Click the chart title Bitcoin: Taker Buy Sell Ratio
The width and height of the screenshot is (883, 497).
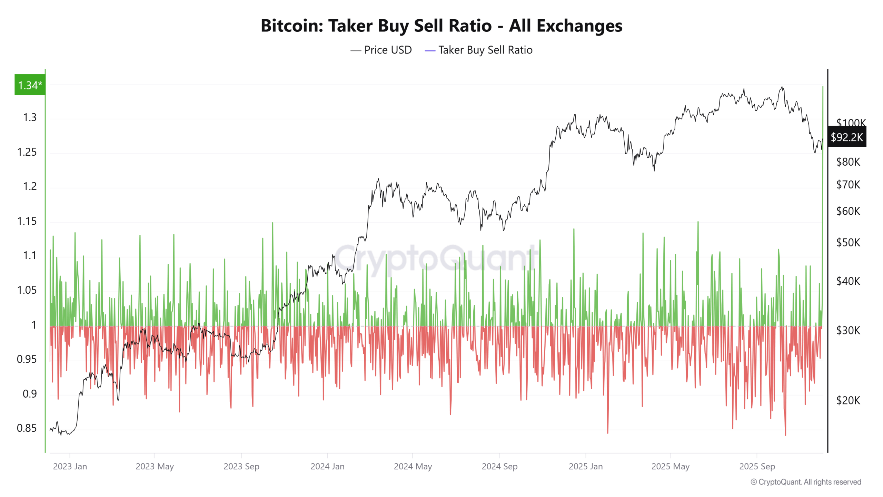click(x=441, y=26)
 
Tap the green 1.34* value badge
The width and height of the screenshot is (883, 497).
click(x=30, y=85)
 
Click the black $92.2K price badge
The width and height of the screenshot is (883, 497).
click(x=846, y=137)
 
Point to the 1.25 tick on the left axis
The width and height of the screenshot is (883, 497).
click(x=27, y=152)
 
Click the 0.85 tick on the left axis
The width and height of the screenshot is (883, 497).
click(x=27, y=428)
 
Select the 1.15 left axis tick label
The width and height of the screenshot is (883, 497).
click(x=27, y=221)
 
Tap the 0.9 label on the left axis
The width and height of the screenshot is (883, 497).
click(x=29, y=394)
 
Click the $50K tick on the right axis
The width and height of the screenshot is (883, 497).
click(x=848, y=243)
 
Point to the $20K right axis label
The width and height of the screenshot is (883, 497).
click(x=848, y=401)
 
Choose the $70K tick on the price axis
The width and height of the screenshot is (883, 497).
click(x=848, y=185)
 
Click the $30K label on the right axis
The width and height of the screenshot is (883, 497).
click(x=848, y=331)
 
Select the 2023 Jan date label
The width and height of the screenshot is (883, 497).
click(x=70, y=467)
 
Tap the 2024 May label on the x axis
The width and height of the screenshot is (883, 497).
click(x=413, y=467)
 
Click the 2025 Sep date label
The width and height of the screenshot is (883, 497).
click(x=757, y=467)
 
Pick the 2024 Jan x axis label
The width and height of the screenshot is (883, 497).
click(x=327, y=467)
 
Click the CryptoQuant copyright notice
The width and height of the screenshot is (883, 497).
click(x=806, y=482)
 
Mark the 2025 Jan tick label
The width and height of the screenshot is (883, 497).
click(x=586, y=467)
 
